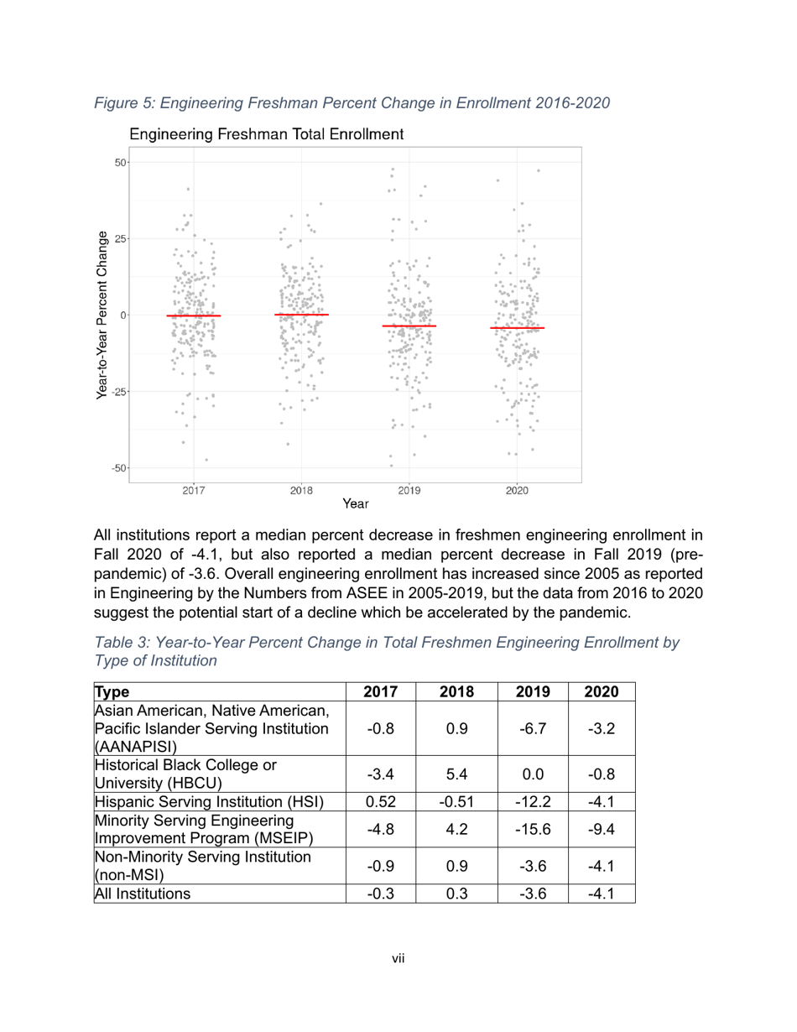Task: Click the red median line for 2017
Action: (194, 315)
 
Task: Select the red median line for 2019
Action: (409, 326)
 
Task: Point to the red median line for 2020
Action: (517, 328)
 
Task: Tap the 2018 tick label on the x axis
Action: (301, 493)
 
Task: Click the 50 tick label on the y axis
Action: (121, 162)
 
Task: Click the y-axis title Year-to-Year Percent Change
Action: (102, 315)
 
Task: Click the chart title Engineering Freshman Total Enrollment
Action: (267, 135)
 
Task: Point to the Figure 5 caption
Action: (352, 103)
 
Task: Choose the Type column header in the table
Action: (111, 692)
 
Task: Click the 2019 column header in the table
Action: (533, 692)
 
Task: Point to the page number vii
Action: (398, 959)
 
